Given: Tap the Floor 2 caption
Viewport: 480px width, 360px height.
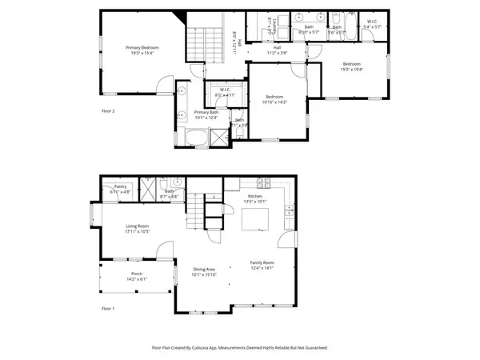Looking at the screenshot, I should tap(108, 110).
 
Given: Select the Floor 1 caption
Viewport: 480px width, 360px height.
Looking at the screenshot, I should tap(108, 307).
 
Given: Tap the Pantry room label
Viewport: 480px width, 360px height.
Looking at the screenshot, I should tap(120, 187).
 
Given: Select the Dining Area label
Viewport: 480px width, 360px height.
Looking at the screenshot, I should tap(203, 270).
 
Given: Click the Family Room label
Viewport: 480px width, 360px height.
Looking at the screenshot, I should tap(262, 263).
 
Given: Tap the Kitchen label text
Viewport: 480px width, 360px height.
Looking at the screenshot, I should tap(255, 196).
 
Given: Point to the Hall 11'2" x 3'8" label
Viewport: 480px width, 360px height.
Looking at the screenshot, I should tap(277, 50).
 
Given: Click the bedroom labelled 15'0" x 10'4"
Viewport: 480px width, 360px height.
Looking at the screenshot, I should tap(352, 66).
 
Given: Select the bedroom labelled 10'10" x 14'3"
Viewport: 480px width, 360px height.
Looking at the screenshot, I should tap(274, 98).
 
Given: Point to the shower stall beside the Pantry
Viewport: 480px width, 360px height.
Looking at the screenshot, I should tap(146, 190).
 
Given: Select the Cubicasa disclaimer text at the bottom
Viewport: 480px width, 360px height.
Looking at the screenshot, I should tap(239, 348).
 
